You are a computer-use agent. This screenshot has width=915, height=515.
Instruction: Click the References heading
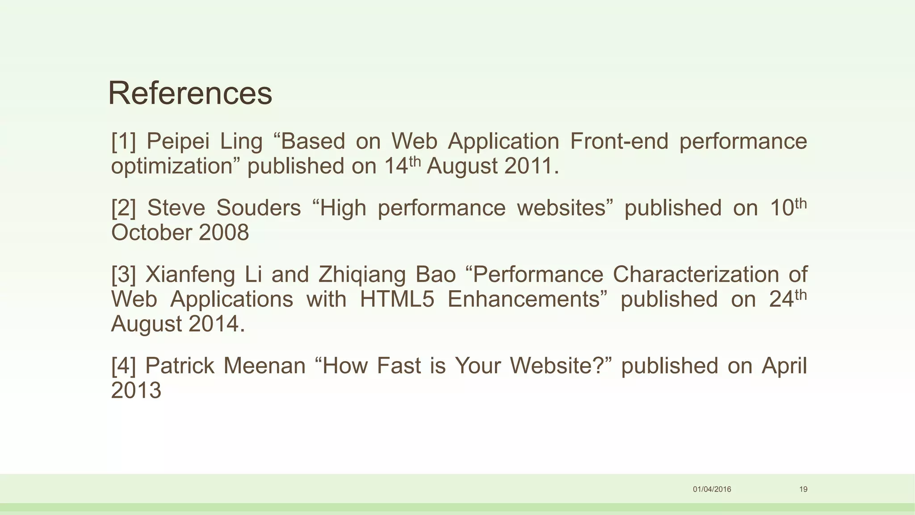click(190, 93)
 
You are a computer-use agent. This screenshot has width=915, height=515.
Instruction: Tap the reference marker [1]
click(123, 141)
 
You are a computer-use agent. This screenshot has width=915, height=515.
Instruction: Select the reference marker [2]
click(123, 208)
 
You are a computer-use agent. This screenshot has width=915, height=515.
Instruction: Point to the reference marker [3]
click(123, 274)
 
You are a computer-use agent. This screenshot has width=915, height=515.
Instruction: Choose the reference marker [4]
click(123, 366)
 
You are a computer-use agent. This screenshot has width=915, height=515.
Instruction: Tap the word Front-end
click(619, 141)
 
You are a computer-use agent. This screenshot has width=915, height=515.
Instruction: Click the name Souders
click(259, 208)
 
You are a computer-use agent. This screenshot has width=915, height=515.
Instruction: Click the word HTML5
click(397, 299)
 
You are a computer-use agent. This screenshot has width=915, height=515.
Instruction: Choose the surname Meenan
click(264, 366)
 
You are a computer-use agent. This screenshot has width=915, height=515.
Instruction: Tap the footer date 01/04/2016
click(712, 489)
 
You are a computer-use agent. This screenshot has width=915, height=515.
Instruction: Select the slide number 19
click(803, 489)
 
